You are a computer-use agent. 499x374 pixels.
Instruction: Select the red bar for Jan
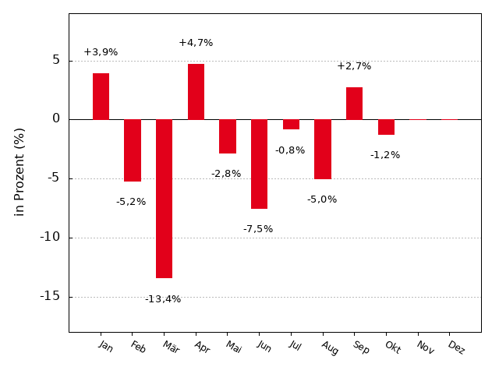pos(101,96)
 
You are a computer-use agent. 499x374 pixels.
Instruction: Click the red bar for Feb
pos(133,150)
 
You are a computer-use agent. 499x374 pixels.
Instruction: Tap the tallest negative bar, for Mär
pos(164,198)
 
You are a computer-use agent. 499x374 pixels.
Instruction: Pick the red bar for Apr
pos(196,91)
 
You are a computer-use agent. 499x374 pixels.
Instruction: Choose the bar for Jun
pos(259,164)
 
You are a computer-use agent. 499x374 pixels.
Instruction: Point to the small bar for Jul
pos(291,124)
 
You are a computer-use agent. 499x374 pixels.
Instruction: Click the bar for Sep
pos(354,103)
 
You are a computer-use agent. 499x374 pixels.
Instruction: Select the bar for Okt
pos(386,126)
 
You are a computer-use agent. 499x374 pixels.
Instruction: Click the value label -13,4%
pos(163,299)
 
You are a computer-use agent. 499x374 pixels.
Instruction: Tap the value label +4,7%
pos(196,43)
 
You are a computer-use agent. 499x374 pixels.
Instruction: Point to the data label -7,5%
pos(258,229)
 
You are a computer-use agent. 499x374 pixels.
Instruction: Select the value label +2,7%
pos(354,66)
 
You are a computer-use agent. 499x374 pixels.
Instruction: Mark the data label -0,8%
pos(290,150)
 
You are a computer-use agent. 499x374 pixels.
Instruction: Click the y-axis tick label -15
pos(50,296)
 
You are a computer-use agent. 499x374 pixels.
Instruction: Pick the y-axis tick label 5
pos(56,60)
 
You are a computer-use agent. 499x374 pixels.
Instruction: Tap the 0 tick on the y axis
pos(56,119)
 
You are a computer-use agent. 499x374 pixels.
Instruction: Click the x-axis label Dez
pos(456,348)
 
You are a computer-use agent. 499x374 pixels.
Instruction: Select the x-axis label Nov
pos(425,348)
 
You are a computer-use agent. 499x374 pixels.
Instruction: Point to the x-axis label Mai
pos(233,347)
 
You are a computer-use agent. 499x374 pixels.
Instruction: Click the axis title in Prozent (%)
pos(19,171)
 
